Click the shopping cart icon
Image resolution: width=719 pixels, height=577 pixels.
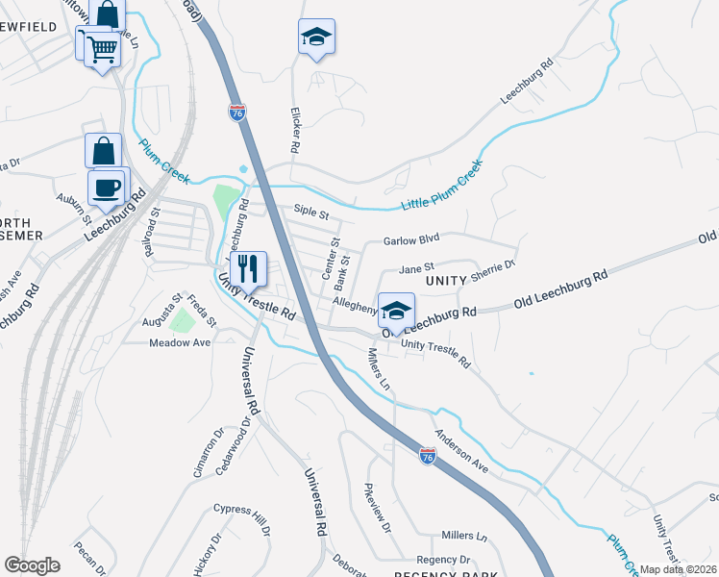pyautogui.click(x=103, y=47)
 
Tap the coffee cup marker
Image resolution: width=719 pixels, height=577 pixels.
pyautogui.click(x=107, y=187)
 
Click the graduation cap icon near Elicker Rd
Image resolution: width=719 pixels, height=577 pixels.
pyautogui.click(x=316, y=37)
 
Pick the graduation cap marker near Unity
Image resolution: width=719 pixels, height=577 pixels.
pyautogui.click(x=396, y=311)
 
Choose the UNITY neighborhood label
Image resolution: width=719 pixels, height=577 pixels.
pyautogui.click(x=447, y=280)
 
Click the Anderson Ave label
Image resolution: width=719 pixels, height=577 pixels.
pyautogui.click(x=461, y=450)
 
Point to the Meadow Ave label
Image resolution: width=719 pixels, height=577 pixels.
pyautogui.click(x=179, y=342)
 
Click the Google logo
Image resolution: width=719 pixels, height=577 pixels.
pyautogui.click(x=33, y=565)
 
